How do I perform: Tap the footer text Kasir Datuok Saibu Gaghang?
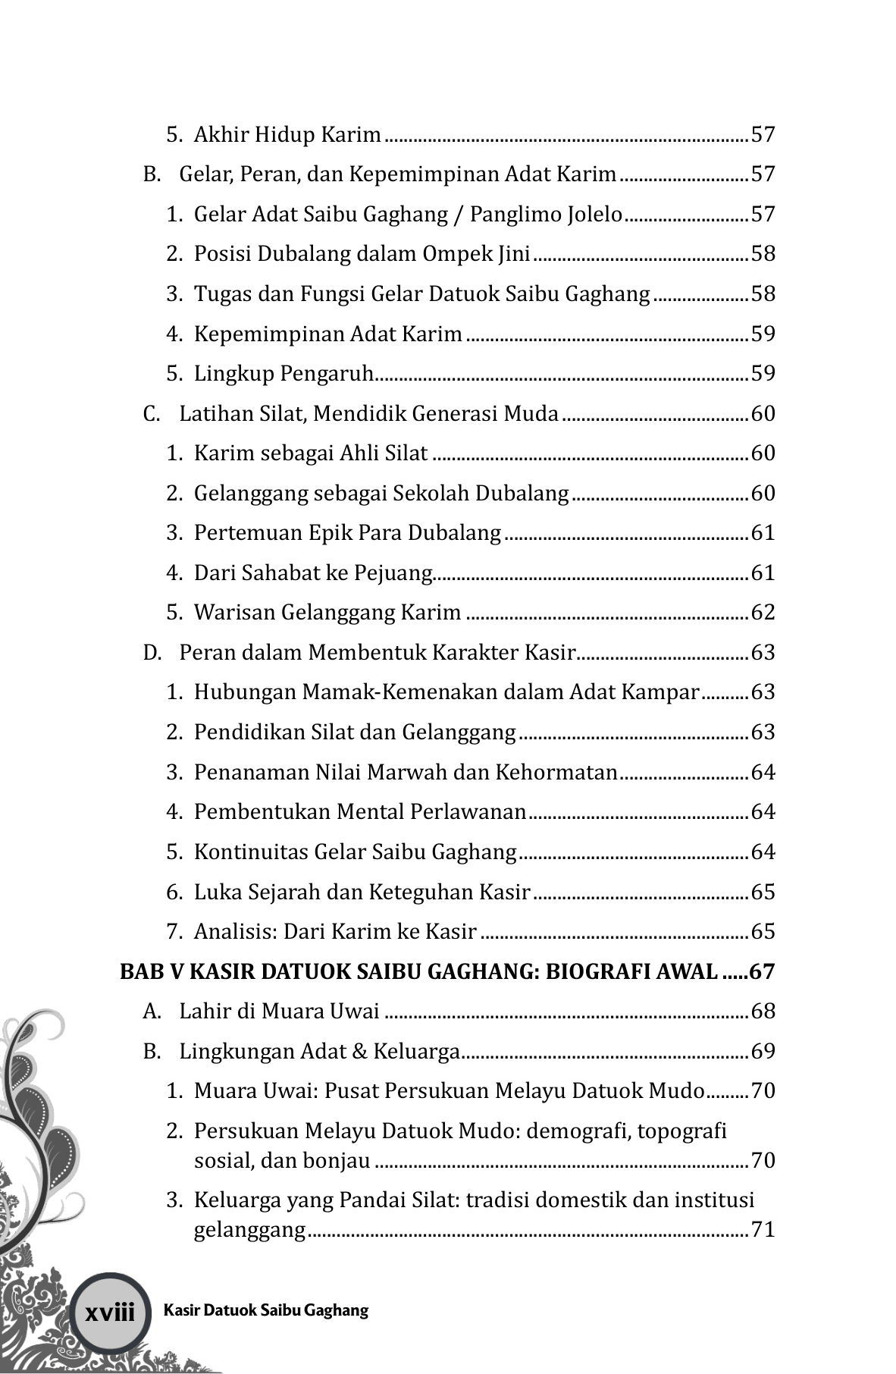[x=265, y=1310]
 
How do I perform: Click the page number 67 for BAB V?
[x=763, y=971]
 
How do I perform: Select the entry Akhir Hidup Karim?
[x=287, y=135]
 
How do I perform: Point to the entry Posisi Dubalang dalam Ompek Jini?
[x=362, y=254]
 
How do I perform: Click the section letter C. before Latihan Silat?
[x=152, y=414]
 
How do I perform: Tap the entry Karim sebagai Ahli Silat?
[x=311, y=453]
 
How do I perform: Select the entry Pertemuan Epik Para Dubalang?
[x=347, y=533]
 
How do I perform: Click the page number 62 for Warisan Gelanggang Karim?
[x=763, y=612]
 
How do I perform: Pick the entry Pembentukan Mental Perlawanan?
[x=360, y=812]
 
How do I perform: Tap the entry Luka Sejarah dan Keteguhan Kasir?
[x=362, y=892]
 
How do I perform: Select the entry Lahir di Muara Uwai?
[x=280, y=1012]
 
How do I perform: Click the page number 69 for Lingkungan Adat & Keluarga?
[x=763, y=1052]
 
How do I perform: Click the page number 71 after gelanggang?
[x=763, y=1229]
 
